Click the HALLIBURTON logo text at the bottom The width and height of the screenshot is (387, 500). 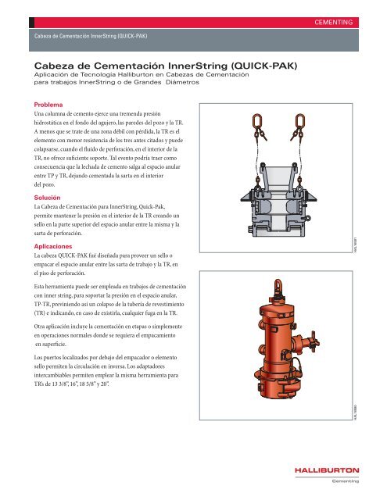327,470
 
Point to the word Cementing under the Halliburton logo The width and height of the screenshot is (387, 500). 345,481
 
